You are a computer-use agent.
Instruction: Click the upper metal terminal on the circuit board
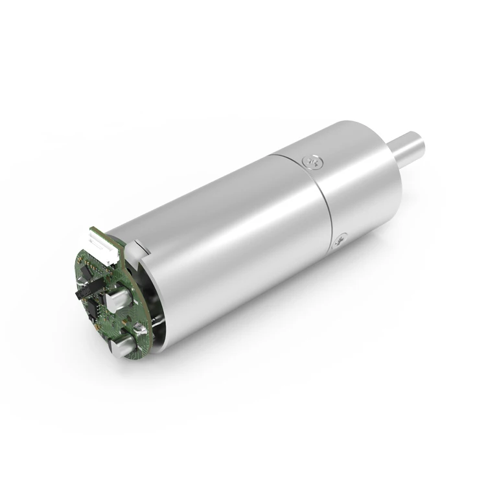[119, 299]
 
